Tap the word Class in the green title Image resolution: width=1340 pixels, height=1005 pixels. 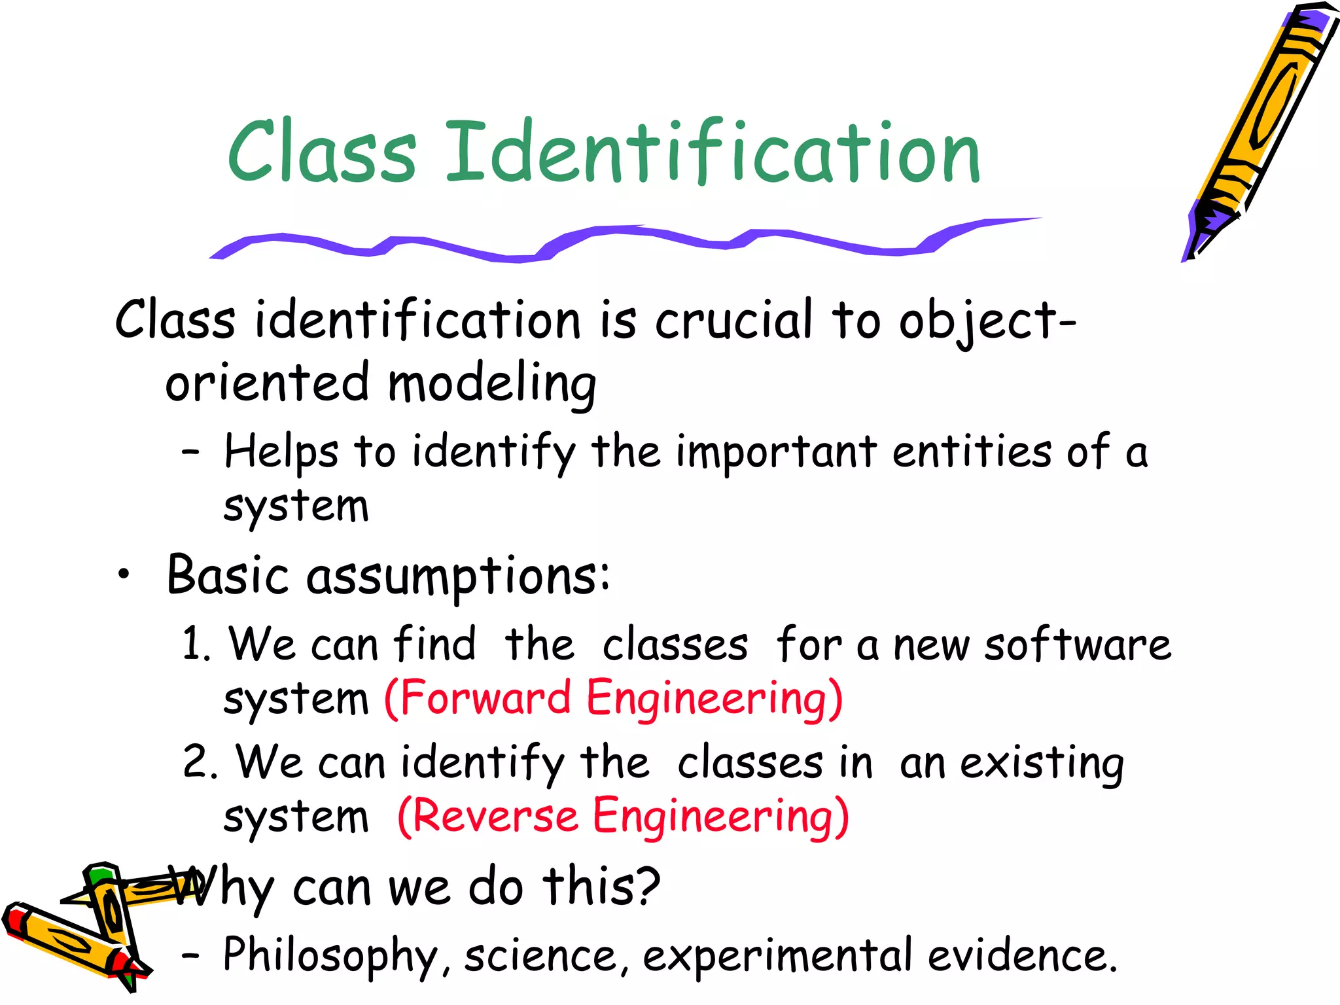tap(322, 152)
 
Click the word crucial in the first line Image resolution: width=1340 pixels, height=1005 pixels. tap(733, 320)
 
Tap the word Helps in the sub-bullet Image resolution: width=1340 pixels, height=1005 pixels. tap(281, 452)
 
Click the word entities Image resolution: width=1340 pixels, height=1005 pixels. tap(972, 452)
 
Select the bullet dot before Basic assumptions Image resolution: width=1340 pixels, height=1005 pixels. tap(124, 575)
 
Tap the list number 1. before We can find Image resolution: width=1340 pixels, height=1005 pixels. tap(195, 644)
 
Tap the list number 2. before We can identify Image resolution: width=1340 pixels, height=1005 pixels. tap(199, 762)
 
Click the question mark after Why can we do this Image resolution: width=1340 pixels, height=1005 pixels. tap(648, 886)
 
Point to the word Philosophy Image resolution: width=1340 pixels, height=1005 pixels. tap(330, 956)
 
